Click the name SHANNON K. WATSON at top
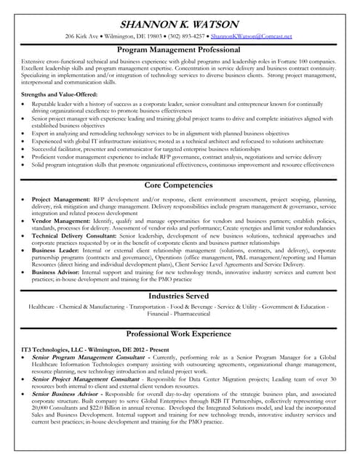point(179,22)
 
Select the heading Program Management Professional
point(179,49)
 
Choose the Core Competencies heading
point(179,186)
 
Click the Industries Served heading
point(179,296)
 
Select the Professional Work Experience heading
point(179,333)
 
